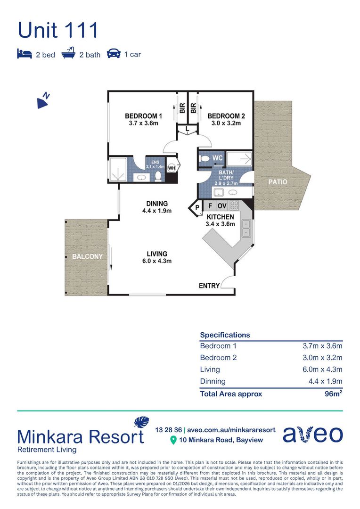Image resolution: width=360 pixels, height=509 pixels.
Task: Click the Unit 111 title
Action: click(x=58, y=30)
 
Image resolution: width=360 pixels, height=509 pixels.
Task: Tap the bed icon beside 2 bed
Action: click(x=25, y=54)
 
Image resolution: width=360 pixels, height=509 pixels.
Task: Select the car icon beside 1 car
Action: click(x=114, y=53)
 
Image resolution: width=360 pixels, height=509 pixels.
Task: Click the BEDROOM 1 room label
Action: click(x=143, y=116)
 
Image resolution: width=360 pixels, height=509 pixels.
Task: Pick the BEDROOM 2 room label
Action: click(x=226, y=116)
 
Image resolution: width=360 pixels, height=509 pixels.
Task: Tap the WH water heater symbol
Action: click(x=172, y=168)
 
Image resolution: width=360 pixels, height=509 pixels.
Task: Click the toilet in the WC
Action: click(x=205, y=159)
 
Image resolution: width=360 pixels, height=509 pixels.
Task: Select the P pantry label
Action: click(x=197, y=207)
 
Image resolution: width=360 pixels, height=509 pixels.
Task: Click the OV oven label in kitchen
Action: click(x=222, y=206)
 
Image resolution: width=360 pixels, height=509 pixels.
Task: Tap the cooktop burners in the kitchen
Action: click(x=234, y=205)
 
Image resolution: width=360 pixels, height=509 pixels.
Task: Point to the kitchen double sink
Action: click(x=246, y=228)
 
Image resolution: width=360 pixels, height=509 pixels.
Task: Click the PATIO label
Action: click(x=278, y=182)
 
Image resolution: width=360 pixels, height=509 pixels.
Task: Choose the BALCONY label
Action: click(x=87, y=256)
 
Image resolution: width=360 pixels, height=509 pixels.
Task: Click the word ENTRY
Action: click(x=209, y=286)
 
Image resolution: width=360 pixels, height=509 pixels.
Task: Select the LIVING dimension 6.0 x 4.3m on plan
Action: click(x=157, y=261)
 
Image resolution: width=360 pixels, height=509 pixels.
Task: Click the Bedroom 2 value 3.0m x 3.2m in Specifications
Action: click(x=322, y=357)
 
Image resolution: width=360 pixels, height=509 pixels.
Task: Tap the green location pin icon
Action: click(x=173, y=440)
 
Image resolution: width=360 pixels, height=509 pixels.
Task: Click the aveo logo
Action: click(x=312, y=435)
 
